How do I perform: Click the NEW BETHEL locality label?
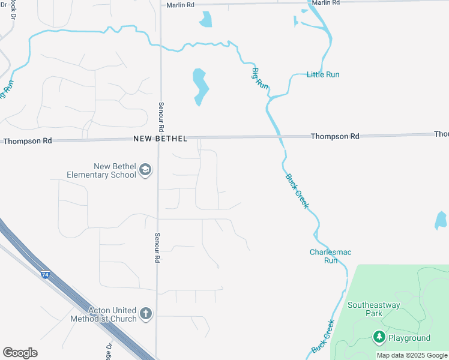coord(160,139)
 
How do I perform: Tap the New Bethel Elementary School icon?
coord(145,171)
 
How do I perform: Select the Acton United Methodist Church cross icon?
coord(145,314)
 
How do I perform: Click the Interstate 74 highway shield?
coord(46,275)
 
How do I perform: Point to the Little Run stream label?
coord(323,74)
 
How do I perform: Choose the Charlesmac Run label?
coord(324,256)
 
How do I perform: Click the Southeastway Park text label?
coord(373,309)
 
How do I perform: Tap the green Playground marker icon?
coord(379,337)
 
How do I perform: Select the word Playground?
coord(409,338)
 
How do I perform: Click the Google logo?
coord(20,353)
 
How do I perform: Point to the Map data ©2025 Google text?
coord(412,355)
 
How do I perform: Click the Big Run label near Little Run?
coord(259,78)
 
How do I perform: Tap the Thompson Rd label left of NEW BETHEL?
coord(28,140)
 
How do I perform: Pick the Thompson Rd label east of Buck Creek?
coord(335,136)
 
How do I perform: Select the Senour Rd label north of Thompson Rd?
coord(161,116)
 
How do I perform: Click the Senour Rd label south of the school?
coord(157,248)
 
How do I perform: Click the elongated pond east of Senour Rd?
coord(200,86)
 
